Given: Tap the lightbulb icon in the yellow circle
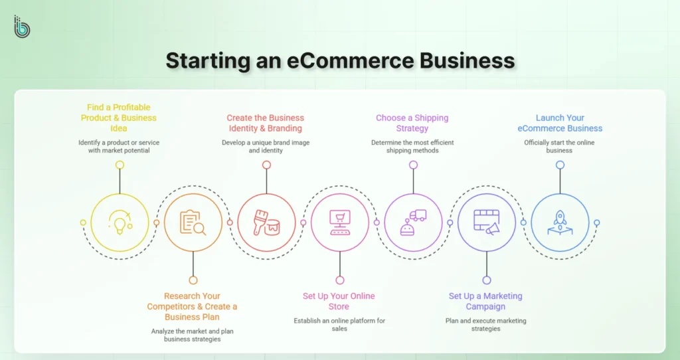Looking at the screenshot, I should pos(120,222).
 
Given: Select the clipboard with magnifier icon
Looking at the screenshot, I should pos(193,222).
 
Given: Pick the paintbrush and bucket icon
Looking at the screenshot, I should pos(266,222).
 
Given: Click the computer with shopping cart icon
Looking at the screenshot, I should pos(340,222).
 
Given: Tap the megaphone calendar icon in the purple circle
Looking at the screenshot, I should pos(487,222).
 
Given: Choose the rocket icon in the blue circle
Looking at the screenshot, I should pos(560,222).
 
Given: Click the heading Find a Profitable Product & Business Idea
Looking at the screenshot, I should pos(119,118).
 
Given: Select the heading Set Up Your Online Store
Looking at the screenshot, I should pos(339,301).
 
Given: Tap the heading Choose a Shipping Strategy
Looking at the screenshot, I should pos(412,123).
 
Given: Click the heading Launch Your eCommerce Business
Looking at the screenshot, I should pos(560,123).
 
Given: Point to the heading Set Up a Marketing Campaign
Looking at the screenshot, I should pos(485,301).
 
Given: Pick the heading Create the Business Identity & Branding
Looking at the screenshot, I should pos(265,123).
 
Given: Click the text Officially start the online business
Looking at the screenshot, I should pos(560,146).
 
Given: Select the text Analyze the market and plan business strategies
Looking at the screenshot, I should pos(193,334).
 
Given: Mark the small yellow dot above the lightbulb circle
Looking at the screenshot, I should pos(120,165).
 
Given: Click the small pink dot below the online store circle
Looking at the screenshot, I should pos(340,280).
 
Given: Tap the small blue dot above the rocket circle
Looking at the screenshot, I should pos(560,165).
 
